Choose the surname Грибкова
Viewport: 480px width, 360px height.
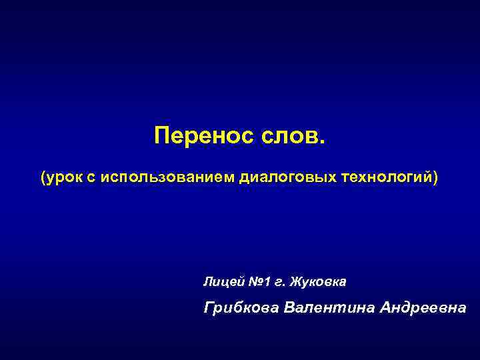(x=241, y=308)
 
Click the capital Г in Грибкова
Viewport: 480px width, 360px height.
(x=209, y=308)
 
